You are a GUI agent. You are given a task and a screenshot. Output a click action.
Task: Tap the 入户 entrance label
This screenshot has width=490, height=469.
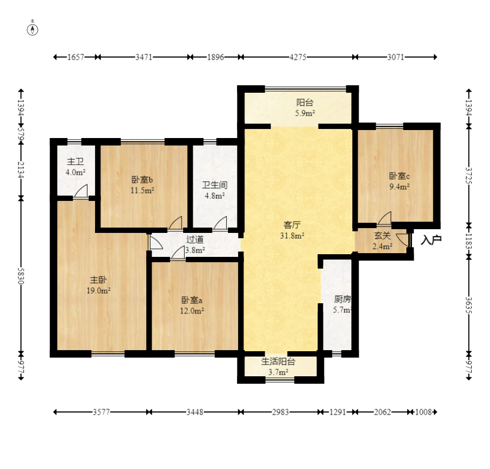[x=431, y=240]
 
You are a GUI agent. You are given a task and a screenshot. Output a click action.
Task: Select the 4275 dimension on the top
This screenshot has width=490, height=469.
[x=298, y=57]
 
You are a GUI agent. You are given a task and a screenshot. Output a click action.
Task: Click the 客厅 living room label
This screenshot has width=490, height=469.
[x=292, y=225]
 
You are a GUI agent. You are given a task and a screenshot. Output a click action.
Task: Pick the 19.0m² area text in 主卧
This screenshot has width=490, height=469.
[x=98, y=290]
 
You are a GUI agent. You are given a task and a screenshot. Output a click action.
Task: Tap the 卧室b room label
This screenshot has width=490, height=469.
[x=142, y=180]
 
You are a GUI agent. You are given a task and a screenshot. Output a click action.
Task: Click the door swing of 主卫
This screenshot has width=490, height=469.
[x=81, y=191]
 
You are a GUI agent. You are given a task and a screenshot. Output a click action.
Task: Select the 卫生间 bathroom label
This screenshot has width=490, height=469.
[x=215, y=185]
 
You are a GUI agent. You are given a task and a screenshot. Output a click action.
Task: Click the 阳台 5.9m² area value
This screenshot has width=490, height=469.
[x=305, y=113]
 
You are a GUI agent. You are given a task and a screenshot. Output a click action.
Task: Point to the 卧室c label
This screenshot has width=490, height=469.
[x=399, y=176]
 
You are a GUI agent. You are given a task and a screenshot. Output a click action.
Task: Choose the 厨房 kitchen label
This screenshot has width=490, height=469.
[x=343, y=299]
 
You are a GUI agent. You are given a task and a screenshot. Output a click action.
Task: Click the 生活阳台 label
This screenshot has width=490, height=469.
[x=278, y=362]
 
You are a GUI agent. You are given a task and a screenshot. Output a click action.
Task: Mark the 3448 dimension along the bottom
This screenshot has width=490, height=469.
[x=195, y=412]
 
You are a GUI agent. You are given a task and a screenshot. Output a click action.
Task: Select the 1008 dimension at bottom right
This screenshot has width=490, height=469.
[x=423, y=412]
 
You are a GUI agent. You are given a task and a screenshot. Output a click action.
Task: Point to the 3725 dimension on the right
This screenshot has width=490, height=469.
[x=469, y=176]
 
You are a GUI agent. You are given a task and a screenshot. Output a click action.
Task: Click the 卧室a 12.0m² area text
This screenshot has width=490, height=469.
[x=192, y=311]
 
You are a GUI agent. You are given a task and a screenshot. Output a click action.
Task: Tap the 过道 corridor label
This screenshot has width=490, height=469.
[x=195, y=239]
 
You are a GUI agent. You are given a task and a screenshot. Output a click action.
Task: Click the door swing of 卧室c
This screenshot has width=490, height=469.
[x=385, y=218]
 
